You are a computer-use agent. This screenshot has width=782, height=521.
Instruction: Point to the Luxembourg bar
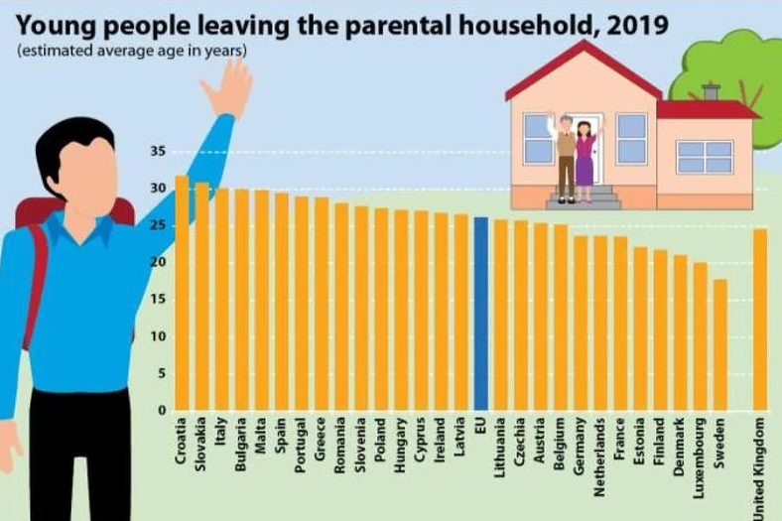[x=700, y=336]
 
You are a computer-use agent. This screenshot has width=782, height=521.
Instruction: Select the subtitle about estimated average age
[x=132, y=51]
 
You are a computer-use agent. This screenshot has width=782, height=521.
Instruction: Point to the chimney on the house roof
[x=710, y=92]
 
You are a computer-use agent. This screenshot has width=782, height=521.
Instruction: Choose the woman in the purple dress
[x=585, y=159]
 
